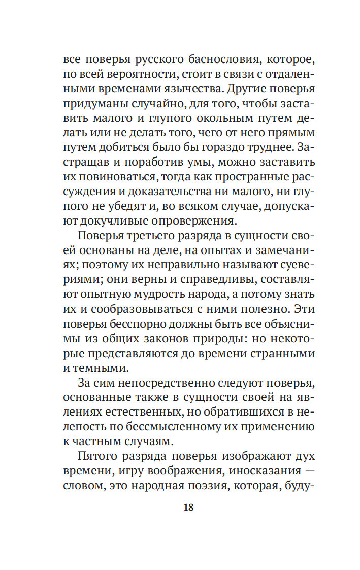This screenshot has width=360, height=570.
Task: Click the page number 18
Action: pos(188,507)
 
